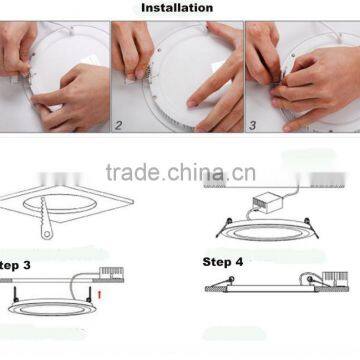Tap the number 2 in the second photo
click(119, 126)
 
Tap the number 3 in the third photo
click(251, 126)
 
